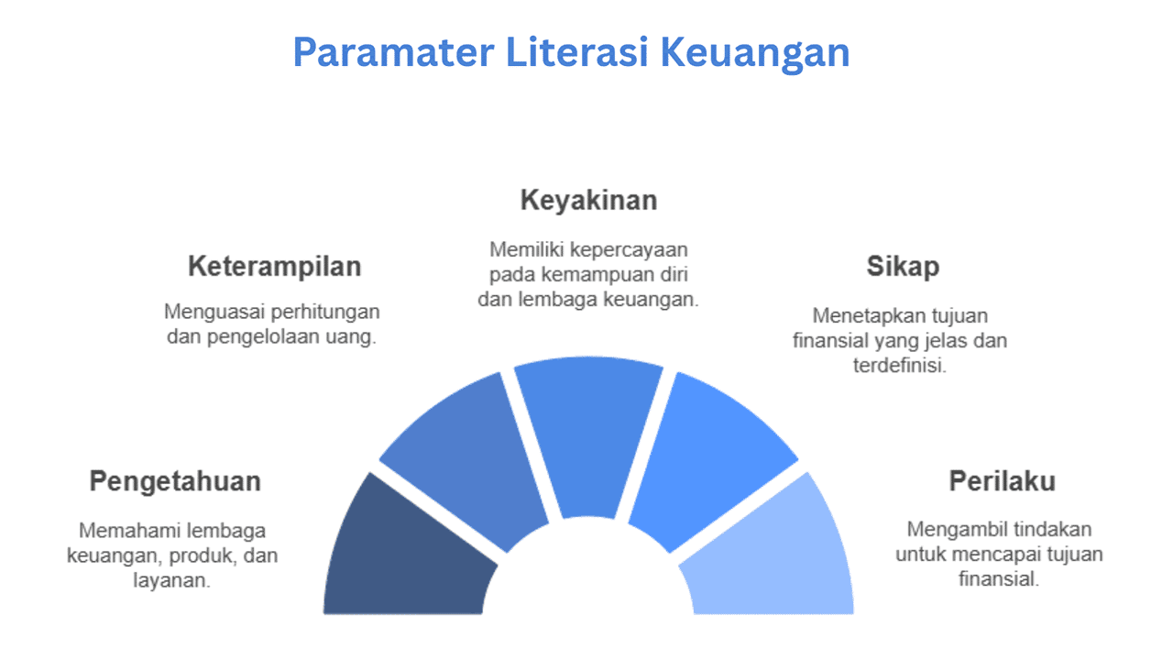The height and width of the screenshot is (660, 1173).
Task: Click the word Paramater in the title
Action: click(393, 52)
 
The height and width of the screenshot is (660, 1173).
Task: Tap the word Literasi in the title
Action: click(577, 52)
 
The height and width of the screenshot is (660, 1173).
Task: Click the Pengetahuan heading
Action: click(175, 481)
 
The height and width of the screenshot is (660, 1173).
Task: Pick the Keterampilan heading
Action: click(274, 267)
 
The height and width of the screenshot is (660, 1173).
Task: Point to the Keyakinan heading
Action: click(588, 201)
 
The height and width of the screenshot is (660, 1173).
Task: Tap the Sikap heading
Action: click(903, 267)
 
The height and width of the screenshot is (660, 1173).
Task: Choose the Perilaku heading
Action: click(1003, 481)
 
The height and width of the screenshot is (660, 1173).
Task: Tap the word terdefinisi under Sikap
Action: click(900, 365)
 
